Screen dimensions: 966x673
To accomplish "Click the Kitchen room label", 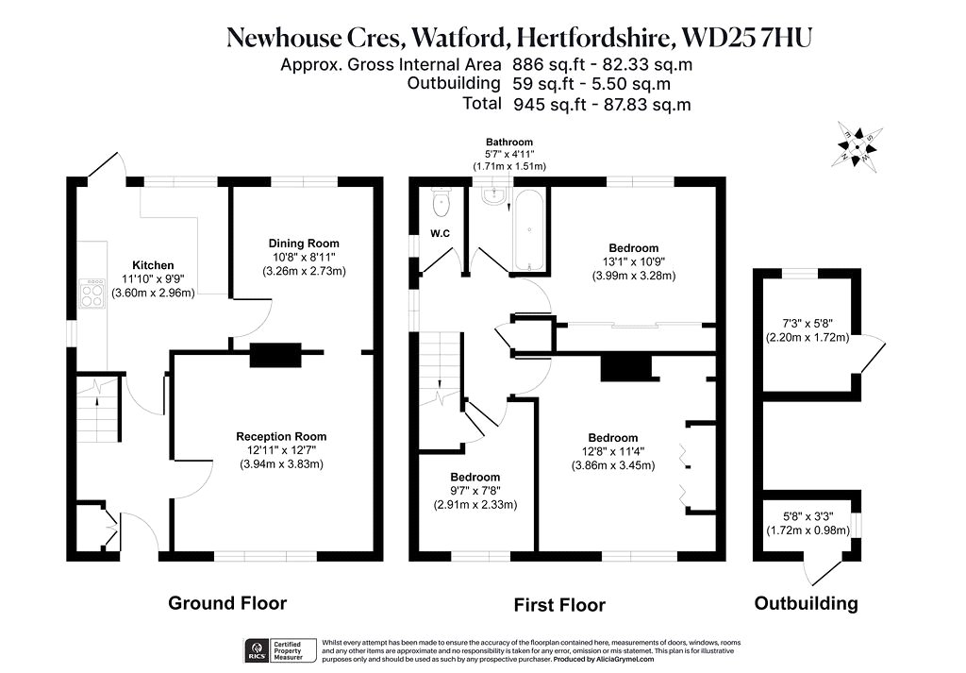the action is pyautogui.click(x=153, y=265).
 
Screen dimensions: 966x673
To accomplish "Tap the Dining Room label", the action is pyautogui.click(x=304, y=244).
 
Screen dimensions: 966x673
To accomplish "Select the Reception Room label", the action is pyautogui.click(x=281, y=436).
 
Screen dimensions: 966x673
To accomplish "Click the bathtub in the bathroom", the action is pyautogui.click(x=530, y=230).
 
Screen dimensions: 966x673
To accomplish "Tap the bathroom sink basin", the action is pyautogui.click(x=494, y=196).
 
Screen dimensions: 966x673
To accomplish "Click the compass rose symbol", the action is pyautogui.click(x=857, y=144).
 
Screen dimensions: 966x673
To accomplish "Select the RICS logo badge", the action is pyautogui.click(x=257, y=650).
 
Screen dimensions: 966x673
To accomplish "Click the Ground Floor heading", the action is pyautogui.click(x=227, y=603).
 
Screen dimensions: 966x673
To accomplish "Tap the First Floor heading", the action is pyautogui.click(x=559, y=605).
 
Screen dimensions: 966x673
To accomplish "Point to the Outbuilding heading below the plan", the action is pyautogui.click(x=806, y=603).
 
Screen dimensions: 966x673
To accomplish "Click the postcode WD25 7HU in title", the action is pyautogui.click(x=748, y=37).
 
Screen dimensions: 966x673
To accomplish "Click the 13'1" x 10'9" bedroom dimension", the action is pyautogui.click(x=634, y=261).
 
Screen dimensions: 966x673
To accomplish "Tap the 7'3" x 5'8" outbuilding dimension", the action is pyautogui.click(x=808, y=324).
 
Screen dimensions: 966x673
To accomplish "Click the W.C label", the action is pyautogui.click(x=440, y=233).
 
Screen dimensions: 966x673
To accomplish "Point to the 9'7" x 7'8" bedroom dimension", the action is pyautogui.click(x=475, y=491).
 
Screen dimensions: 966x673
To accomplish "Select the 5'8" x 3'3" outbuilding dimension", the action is pyautogui.click(x=808, y=516).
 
